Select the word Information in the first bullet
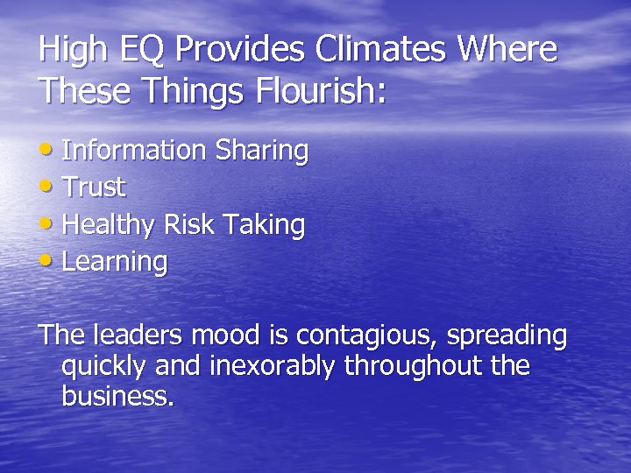tap(132, 151)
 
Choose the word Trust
tap(94, 187)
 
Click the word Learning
tap(114, 263)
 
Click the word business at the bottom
tap(117, 397)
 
